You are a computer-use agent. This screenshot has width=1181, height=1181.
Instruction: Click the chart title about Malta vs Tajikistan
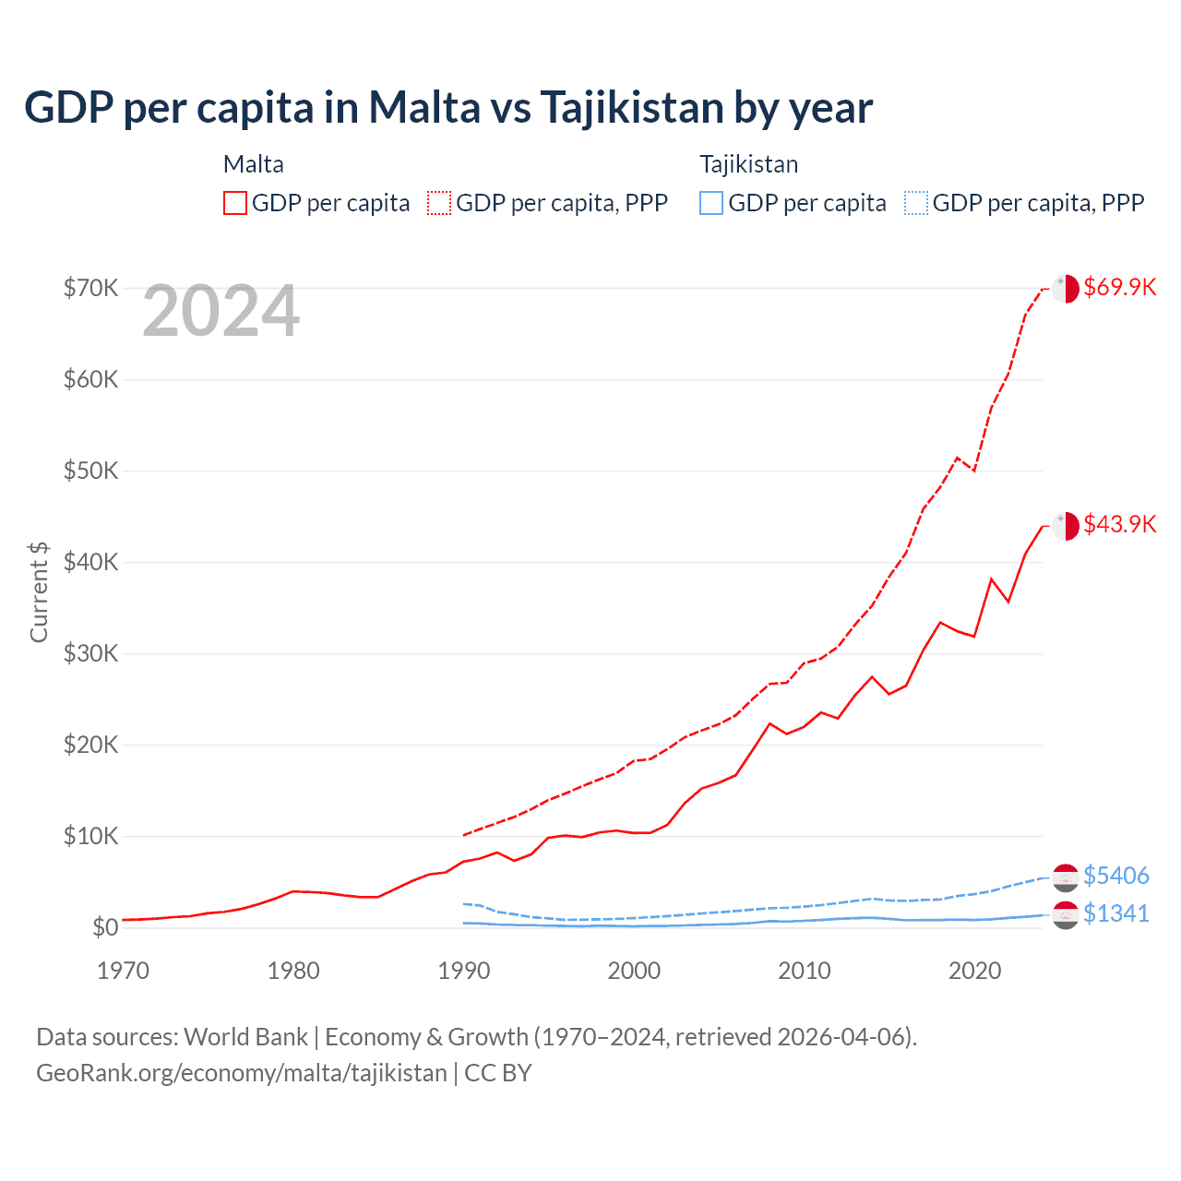(448, 108)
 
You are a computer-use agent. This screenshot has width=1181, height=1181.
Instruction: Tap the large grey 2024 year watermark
(221, 312)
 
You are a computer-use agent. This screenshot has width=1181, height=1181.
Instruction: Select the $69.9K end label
(1119, 287)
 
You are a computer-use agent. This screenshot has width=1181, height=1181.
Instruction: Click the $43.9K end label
(1119, 524)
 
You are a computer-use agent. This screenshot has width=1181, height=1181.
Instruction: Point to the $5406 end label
(1115, 875)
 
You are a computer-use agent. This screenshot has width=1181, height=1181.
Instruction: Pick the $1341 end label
(1115, 913)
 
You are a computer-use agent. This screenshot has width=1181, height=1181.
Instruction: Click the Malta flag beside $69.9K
(1066, 288)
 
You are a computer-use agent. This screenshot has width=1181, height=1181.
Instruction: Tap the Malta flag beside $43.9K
(1066, 526)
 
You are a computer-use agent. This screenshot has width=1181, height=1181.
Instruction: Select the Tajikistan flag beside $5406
(1066, 877)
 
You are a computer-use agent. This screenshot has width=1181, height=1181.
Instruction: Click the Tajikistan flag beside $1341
(1066, 915)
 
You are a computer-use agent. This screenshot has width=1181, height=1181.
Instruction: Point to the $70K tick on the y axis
(91, 288)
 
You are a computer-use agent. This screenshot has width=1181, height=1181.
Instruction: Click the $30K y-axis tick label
(91, 653)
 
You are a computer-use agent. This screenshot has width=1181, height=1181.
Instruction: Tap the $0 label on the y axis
(105, 927)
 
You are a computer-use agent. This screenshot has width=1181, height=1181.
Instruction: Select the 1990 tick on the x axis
(464, 971)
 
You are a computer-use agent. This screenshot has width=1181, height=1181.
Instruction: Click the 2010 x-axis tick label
(805, 971)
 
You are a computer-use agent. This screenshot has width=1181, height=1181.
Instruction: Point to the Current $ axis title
(39, 592)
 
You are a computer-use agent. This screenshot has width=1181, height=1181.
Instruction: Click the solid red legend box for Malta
(235, 203)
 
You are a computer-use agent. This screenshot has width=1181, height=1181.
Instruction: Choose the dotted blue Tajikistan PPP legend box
(916, 203)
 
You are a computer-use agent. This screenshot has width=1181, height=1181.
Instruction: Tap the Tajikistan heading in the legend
(748, 164)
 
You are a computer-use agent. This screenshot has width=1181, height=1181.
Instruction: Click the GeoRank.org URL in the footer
(242, 1073)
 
